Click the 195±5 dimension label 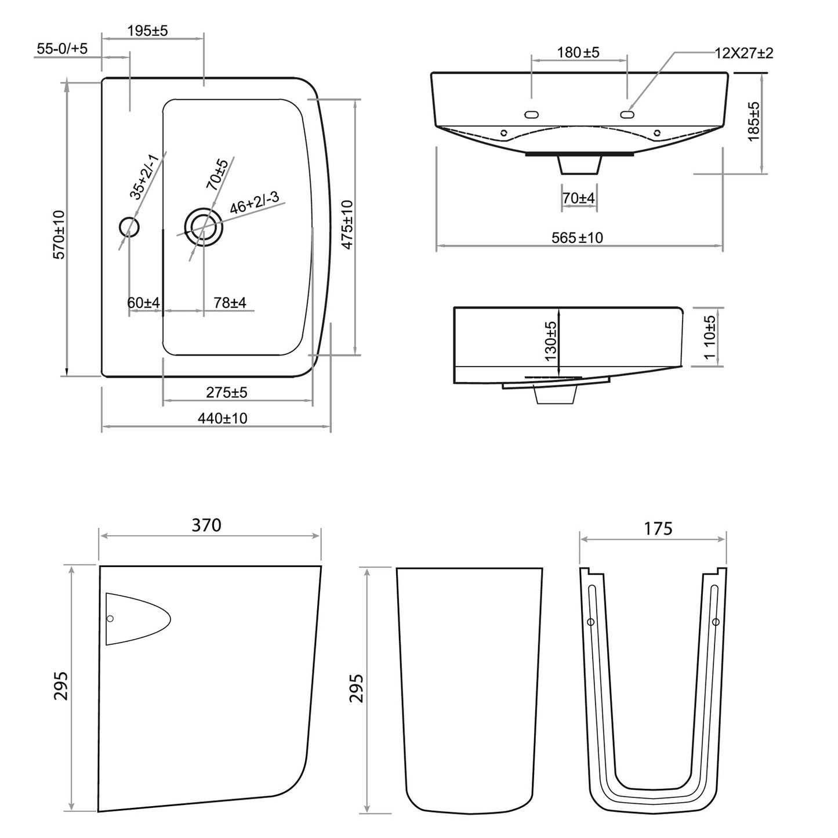[147, 31]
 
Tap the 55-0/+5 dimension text [62, 48]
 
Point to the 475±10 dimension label [347, 225]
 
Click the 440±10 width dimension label [222, 418]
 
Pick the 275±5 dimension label [227, 393]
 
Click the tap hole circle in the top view [129, 227]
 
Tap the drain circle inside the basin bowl [204, 227]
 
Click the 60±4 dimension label [144, 303]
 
